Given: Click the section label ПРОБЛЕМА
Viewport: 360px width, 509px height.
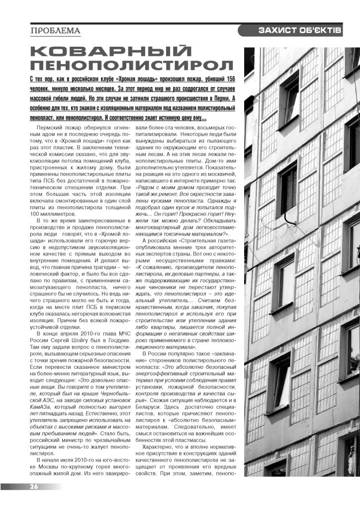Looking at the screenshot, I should (x=55, y=31).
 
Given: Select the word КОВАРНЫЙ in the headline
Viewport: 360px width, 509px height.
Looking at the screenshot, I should (x=110, y=51).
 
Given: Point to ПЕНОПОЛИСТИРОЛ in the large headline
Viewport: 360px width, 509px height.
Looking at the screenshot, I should (x=131, y=65).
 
